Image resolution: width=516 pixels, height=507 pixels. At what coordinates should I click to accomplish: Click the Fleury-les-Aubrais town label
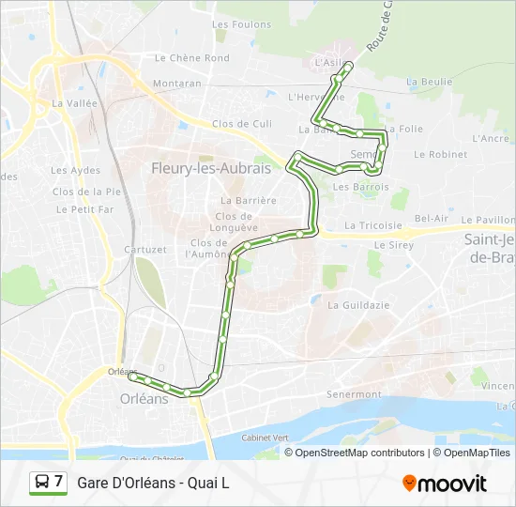coord(211,169)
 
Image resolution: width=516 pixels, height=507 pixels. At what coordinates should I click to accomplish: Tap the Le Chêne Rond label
coord(192,57)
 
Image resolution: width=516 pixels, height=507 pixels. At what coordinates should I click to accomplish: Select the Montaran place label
coord(177,84)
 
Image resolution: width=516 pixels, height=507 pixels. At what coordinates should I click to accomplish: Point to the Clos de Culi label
coord(242,123)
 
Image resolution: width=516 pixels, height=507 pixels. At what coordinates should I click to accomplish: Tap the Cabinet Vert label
coord(265,438)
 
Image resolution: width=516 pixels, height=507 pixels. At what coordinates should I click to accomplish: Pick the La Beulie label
coord(429,82)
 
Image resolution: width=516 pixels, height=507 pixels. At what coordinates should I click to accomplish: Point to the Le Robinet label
coord(440,154)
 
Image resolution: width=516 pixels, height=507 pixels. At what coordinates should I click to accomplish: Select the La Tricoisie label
coord(372,225)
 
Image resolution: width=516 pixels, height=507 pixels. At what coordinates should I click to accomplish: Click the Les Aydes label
coord(75,170)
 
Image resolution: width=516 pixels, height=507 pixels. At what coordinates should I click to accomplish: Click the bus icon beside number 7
coord(41,483)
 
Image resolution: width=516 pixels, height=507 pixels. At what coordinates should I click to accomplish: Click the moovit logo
coord(444,483)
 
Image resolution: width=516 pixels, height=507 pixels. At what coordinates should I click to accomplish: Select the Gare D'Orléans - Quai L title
coord(153,484)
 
